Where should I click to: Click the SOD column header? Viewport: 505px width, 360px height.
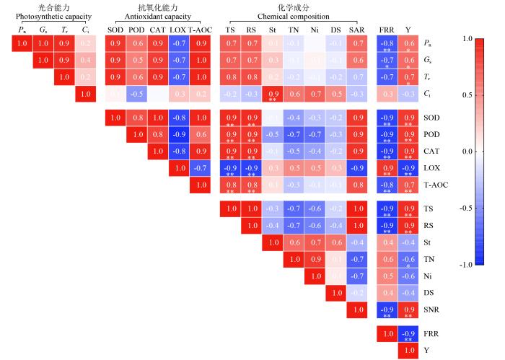(115, 30)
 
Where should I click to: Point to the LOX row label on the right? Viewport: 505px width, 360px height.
(431, 168)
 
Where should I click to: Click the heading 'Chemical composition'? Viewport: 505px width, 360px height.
(294, 16)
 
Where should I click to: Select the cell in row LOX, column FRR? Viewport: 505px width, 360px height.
(387, 168)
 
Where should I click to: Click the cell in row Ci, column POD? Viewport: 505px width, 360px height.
(136, 93)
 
